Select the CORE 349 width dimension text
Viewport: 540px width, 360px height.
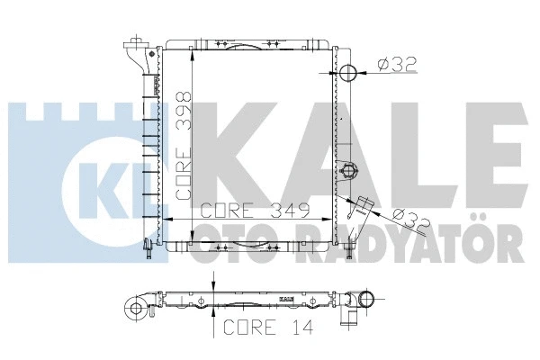255,211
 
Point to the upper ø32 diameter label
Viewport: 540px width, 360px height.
397,64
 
